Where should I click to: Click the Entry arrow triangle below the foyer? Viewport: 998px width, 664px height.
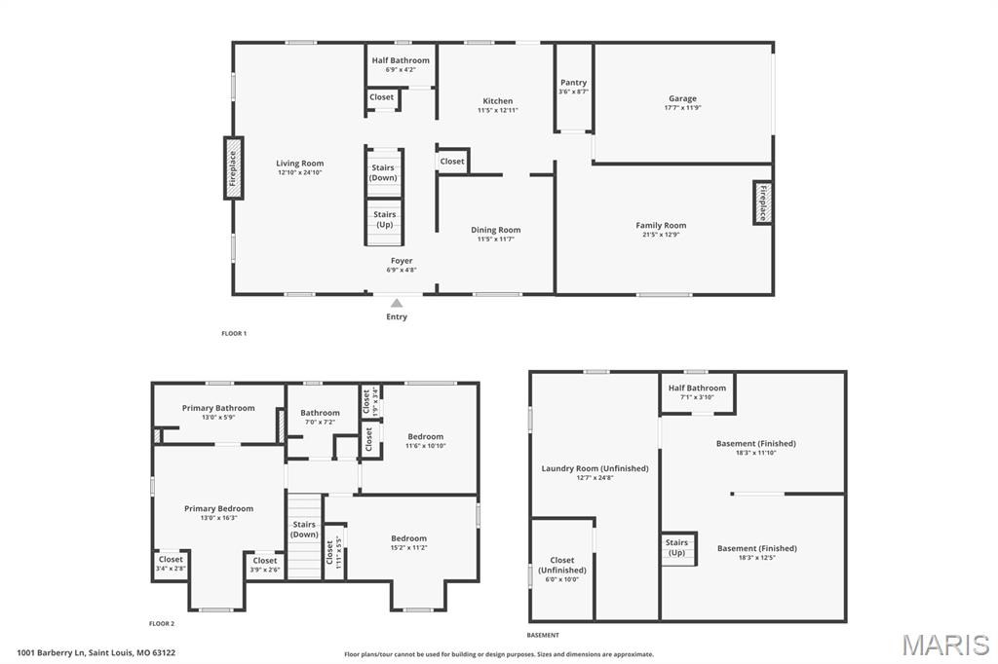click(x=397, y=304)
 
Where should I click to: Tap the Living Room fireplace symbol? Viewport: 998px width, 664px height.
click(x=233, y=167)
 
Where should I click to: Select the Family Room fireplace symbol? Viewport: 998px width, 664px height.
click(x=762, y=203)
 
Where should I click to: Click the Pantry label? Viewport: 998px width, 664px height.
click(x=574, y=83)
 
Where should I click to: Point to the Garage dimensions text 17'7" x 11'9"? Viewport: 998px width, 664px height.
click(x=682, y=108)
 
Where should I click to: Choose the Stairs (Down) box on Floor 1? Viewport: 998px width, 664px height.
click(x=384, y=172)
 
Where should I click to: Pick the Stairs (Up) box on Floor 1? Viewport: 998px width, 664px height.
click(x=384, y=219)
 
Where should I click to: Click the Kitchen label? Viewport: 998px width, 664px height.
click(x=497, y=101)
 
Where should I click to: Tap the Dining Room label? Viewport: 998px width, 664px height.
click(x=496, y=230)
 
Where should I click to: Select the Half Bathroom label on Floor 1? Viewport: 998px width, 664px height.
click(x=401, y=60)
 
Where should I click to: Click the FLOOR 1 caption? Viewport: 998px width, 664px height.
click(x=234, y=333)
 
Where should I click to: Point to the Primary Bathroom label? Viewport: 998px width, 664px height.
click(x=218, y=408)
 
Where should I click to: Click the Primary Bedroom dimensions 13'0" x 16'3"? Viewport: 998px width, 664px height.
click(x=218, y=518)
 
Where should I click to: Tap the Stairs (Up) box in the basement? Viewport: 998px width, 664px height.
click(x=676, y=548)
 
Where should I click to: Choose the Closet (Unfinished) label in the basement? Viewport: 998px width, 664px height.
click(x=562, y=565)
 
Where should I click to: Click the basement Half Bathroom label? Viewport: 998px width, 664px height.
click(x=697, y=387)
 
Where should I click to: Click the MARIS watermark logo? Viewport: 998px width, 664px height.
click(x=945, y=645)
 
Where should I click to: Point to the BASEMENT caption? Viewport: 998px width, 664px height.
click(x=543, y=635)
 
